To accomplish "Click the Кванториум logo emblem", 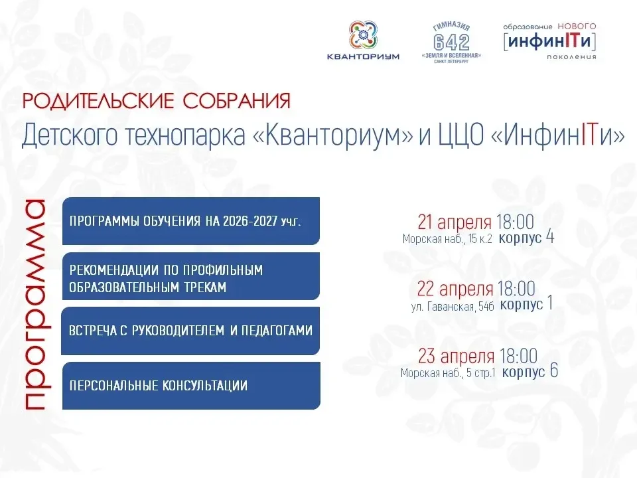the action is pos(364,35).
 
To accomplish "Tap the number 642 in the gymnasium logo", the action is pos(451,42).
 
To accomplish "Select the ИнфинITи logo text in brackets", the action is pos(549,41).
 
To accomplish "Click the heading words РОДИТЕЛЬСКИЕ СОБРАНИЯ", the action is pos(157,101).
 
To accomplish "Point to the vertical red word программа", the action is pos(34,305).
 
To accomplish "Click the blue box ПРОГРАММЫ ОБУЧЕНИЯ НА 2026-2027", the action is pos(191,221).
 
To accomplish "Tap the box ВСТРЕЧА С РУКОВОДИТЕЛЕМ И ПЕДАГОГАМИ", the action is pos(190,331).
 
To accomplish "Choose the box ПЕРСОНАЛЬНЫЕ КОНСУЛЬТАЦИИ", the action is pos(191,386).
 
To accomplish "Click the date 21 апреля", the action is pos(455,222).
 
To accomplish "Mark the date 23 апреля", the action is pos(457,356).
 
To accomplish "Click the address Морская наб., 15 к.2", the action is pos(447,238).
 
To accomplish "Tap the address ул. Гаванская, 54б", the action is pos(453,306).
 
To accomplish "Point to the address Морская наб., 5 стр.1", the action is pos(448,372).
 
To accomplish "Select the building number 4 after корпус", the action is pos(550,236).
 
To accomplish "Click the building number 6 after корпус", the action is pos(553,370).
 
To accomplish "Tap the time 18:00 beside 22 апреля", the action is pos(516,289).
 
